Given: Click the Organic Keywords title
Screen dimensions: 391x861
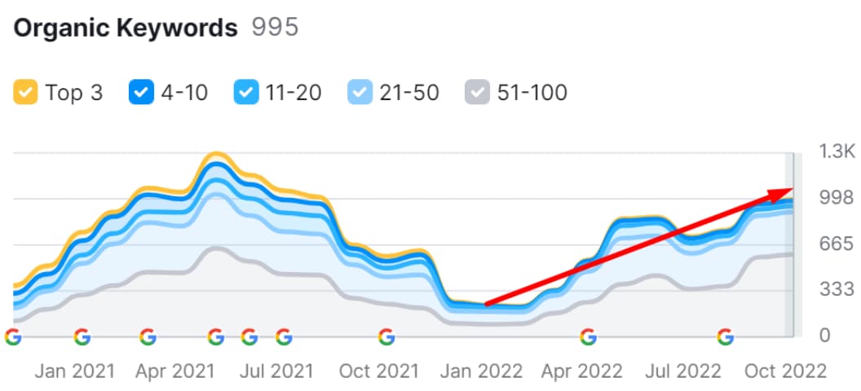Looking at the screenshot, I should coord(126,28).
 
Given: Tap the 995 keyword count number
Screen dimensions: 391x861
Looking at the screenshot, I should coord(275,28).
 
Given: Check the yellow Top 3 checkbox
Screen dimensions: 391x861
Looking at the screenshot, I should coord(25,93).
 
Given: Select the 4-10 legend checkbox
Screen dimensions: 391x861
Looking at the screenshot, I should coord(141,93).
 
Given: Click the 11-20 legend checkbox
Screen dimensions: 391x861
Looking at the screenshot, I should coord(245,93).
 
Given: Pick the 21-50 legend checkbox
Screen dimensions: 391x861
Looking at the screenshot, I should coord(360,93).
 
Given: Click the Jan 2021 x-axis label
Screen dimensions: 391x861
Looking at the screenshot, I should coord(73,371).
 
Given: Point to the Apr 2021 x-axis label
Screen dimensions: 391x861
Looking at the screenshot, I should coord(174,371).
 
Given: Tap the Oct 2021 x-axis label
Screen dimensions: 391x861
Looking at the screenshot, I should coord(378,371).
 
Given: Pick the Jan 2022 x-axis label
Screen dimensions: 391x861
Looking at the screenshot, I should coord(480,371).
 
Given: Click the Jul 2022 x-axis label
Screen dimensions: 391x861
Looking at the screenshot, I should coord(682,371).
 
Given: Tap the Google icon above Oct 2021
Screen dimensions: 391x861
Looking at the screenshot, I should coord(386,336).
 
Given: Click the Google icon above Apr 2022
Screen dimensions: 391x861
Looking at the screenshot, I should coord(588,336).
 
